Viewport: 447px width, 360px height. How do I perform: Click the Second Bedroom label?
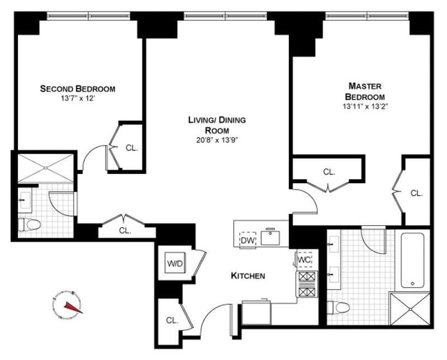[x=78, y=88]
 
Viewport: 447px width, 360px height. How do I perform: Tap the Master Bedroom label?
[x=364, y=91]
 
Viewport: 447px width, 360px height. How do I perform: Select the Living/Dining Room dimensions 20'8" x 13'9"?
[x=217, y=140]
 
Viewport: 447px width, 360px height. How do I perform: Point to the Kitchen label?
[x=248, y=276]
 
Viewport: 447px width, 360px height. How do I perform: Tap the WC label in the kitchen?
[x=304, y=260]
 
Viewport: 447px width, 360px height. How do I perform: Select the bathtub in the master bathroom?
[x=412, y=260]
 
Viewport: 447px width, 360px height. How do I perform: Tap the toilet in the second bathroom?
[x=30, y=225]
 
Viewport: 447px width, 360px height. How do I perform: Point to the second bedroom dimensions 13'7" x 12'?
[x=78, y=98]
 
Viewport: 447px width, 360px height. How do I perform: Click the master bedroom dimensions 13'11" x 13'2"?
[x=364, y=105]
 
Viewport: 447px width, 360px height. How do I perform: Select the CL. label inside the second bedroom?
[x=131, y=148]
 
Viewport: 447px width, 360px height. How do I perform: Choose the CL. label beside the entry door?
[x=172, y=321]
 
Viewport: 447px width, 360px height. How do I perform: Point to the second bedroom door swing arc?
[x=91, y=158]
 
